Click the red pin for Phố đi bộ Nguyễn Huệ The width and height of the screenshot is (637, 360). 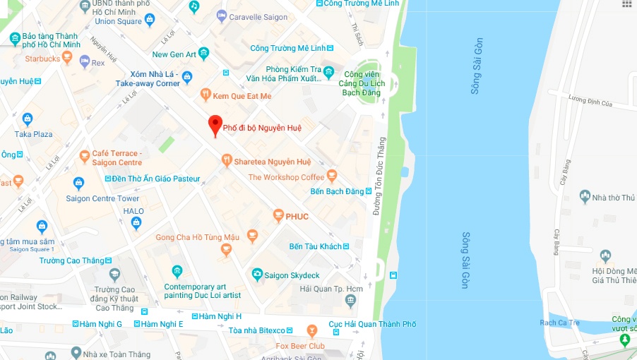tap(215, 125)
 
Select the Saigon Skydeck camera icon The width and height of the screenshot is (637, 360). tap(258, 274)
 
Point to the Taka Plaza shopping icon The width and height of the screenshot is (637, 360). tap(28, 119)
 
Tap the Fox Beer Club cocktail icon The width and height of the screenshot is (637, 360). tap(312, 331)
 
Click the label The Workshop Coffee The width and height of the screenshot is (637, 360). tap(286, 177)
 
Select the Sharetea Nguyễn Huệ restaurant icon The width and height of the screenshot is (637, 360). tap(227, 161)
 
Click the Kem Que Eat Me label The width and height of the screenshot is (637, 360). tap(242, 95)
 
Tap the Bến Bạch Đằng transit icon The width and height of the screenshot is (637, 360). tap(369, 191)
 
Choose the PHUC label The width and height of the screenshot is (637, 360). tap(297, 216)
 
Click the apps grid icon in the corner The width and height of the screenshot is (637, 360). tap(626, 4)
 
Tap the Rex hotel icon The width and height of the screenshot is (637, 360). tap(85, 62)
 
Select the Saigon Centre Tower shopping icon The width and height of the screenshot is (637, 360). tap(78, 184)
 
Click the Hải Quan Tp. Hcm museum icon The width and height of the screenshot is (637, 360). tap(351, 301)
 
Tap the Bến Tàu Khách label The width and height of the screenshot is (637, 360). tap(315, 246)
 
